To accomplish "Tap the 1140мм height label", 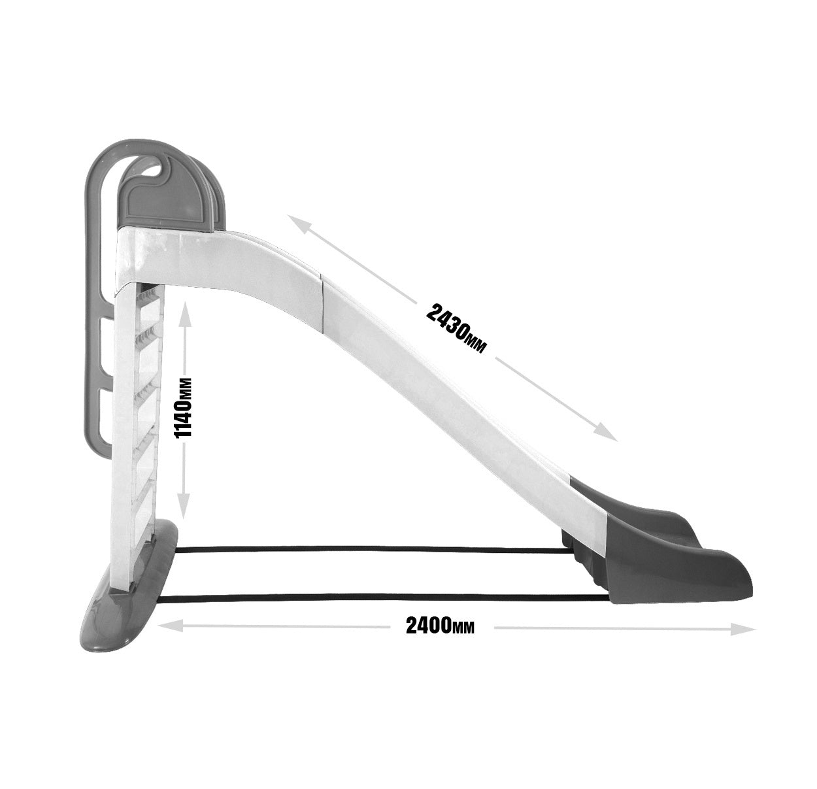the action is tap(183, 408).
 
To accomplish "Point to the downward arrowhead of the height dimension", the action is tap(182, 507).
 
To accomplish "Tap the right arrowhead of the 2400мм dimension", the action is tap(742, 629).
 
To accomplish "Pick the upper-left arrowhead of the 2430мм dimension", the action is tap(299, 223).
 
